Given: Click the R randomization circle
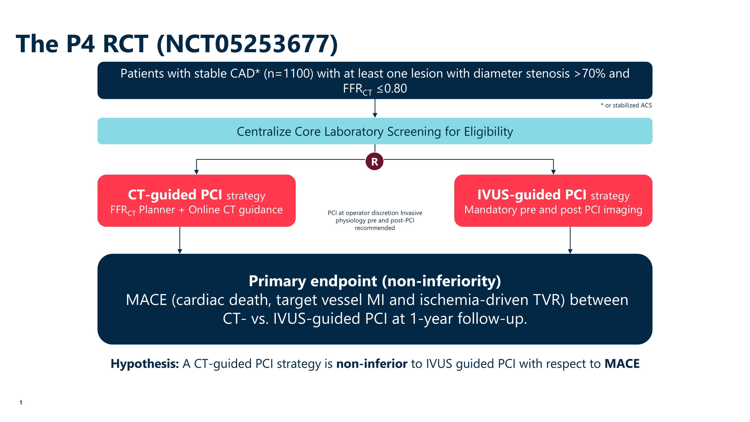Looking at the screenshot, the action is pos(374,161).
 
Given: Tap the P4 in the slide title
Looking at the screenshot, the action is pos(81,44).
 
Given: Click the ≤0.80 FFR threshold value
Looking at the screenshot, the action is pos(392,89).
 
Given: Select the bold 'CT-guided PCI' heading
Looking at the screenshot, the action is pos(175,195).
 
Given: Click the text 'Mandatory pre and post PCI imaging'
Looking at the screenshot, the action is pos(553,210).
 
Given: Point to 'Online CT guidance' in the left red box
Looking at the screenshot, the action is pos(235,210).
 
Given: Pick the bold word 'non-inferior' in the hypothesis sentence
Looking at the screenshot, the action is pos(372,364).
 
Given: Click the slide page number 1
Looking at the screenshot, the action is pos(21,402).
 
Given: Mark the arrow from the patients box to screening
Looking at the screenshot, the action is pos(375,108).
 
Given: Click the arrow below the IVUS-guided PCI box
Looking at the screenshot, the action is pos(570,240).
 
